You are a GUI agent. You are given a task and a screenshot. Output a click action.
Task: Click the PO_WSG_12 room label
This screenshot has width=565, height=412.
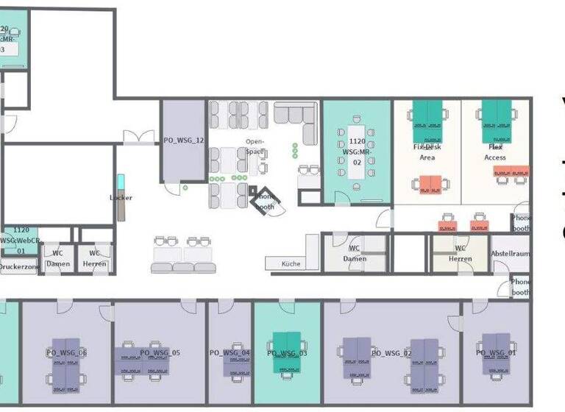pos(183,140)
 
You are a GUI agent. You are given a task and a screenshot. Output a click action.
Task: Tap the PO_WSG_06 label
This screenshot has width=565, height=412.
pos(66,353)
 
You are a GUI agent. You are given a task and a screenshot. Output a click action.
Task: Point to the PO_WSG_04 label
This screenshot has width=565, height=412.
pos(230,353)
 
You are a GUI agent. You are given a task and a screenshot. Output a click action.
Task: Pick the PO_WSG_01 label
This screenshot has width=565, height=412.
pos(497,353)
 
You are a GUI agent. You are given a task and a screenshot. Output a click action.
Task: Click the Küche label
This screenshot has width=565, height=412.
pos(291,263)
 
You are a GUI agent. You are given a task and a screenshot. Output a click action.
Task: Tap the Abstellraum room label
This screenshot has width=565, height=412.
pos(510,254)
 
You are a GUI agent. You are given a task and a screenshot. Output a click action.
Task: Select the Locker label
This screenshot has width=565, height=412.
pos(121,198)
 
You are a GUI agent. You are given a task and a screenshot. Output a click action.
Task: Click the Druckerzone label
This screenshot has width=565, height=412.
pos(19,268)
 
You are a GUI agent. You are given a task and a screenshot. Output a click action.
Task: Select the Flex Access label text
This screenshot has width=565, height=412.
pos(494,152)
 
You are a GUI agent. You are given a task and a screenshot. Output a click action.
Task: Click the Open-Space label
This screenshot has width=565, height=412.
pos(255,146)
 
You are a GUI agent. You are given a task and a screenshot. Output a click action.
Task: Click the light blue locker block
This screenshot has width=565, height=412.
pos(121,184)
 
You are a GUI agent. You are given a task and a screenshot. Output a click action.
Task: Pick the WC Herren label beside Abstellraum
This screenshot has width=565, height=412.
pos(461,253)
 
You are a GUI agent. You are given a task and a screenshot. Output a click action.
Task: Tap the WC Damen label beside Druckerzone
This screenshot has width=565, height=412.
pos(57,259)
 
